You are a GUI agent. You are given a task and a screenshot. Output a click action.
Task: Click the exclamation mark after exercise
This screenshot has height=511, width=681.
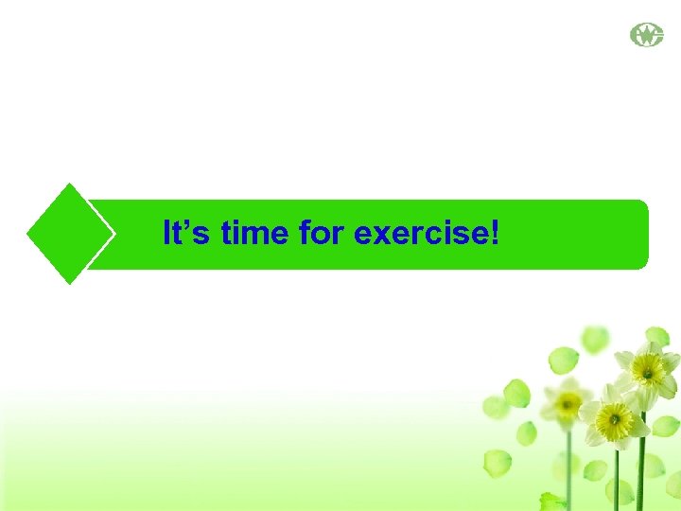pos(493,233)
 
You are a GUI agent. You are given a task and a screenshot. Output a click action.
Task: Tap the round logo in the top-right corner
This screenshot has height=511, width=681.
pos(647,36)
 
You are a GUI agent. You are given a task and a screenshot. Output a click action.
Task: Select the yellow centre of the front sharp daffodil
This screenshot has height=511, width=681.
pos(615,416)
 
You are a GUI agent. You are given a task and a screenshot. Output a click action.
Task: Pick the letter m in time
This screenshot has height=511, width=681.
pos(253,235)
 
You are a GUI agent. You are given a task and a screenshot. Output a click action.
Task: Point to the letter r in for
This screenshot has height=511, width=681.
pos(337,235)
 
